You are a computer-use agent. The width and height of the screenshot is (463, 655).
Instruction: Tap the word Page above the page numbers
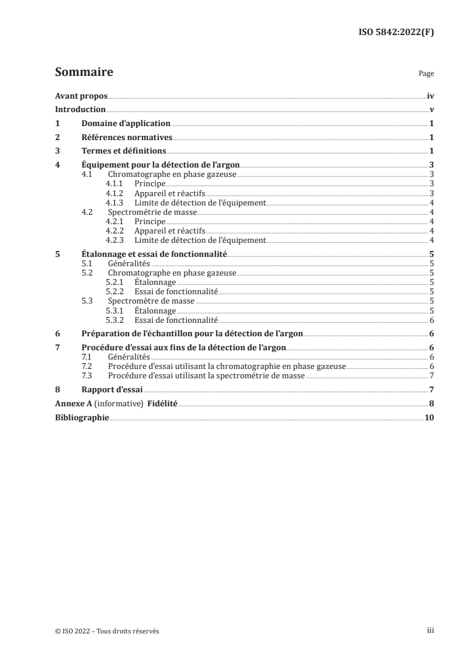coord(426,75)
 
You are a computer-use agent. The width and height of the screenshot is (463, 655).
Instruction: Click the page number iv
coord(430,96)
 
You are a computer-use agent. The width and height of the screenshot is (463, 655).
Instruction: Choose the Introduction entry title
coord(80,110)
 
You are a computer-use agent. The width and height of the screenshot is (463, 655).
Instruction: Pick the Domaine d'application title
coord(126,124)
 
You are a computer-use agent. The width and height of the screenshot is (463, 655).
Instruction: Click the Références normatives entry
coord(127,138)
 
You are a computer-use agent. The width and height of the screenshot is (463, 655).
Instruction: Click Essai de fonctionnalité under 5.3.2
coord(176,320)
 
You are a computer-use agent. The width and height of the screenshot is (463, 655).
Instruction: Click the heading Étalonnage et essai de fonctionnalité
coord(154,255)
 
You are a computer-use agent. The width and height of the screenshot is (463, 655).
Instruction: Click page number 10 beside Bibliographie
coord(429,417)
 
